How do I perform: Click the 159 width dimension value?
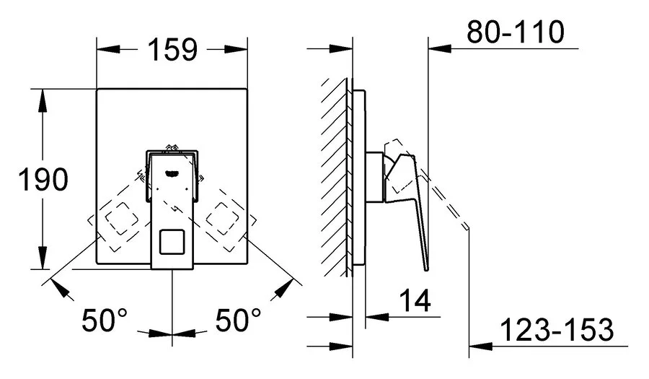click(172, 49)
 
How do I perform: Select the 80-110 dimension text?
click(515, 32)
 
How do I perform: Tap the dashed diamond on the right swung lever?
click(224, 217)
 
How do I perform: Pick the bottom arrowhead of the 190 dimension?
click(43, 261)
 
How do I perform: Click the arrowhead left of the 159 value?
click(105, 49)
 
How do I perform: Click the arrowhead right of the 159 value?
click(239, 49)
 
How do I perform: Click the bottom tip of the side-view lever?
click(425, 269)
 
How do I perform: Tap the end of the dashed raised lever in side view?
click(468, 229)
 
